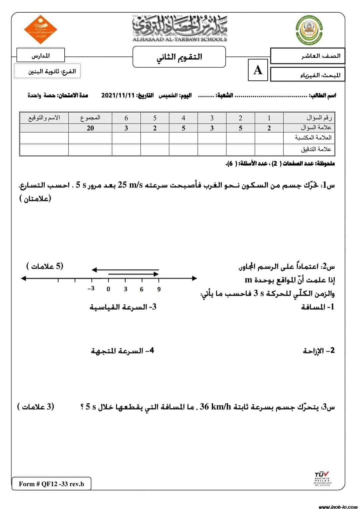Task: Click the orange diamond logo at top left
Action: [x=41, y=29]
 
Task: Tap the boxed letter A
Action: [x=258, y=70]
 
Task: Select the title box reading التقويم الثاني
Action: [x=179, y=57]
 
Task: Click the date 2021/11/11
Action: [x=118, y=96]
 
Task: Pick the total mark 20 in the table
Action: [x=90, y=128]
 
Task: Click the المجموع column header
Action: [x=90, y=118]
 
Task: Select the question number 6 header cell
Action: [x=126, y=118]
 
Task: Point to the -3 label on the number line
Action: [x=91, y=288]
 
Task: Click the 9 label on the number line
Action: [x=159, y=289]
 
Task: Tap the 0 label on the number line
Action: [x=108, y=289]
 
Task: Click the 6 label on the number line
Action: [x=142, y=289]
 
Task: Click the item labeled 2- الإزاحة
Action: [x=318, y=351]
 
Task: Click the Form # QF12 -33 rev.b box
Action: [x=51, y=484]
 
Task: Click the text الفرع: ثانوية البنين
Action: [x=52, y=72]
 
